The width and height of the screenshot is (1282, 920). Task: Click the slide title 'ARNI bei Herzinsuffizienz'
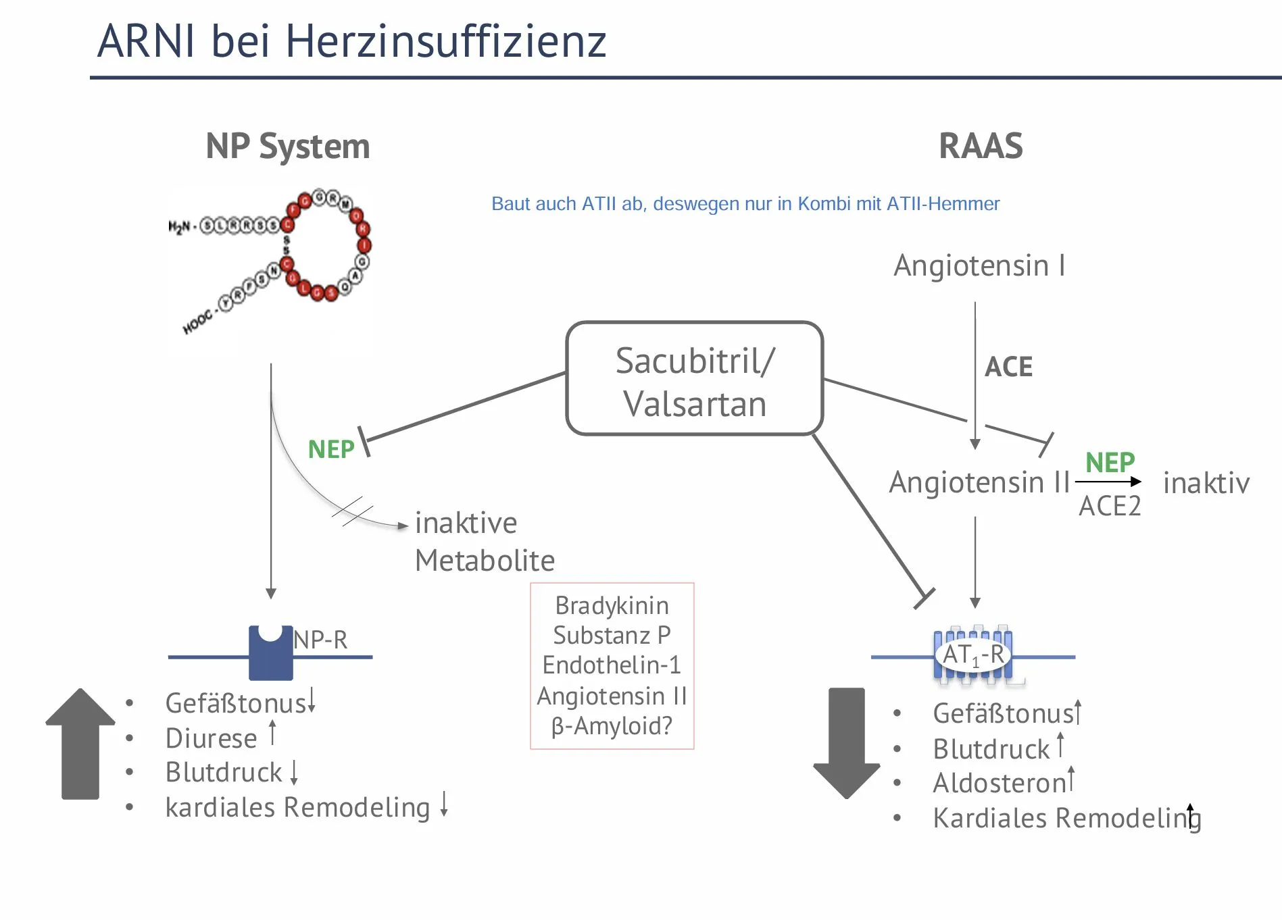(351, 41)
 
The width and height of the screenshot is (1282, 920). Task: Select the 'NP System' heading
(287, 146)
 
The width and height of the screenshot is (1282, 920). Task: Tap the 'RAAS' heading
(981, 146)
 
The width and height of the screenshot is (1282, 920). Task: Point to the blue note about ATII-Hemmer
(745, 203)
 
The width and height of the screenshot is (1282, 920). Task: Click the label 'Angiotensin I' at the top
(979, 265)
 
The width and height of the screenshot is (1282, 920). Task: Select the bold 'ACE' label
(1008, 367)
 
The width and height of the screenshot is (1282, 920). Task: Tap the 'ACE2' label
(1109, 506)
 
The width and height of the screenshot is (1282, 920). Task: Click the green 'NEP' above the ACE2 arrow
(1110, 463)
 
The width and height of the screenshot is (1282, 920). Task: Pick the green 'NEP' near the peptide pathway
(331, 449)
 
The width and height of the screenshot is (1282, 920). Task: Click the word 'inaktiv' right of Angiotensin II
(1206, 483)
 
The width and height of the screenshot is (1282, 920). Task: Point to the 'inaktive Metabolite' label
(484, 542)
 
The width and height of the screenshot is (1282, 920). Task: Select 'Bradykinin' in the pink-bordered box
(612, 606)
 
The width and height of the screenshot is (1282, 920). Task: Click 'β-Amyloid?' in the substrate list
(612, 726)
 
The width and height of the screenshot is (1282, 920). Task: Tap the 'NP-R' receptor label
(320, 640)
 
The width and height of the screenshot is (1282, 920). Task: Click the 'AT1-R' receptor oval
(972, 655)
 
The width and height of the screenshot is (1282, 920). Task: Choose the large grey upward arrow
(80, 743)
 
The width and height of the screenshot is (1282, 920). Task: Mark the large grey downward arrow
(846, 743)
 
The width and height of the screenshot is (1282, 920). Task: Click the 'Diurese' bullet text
(211, 738)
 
